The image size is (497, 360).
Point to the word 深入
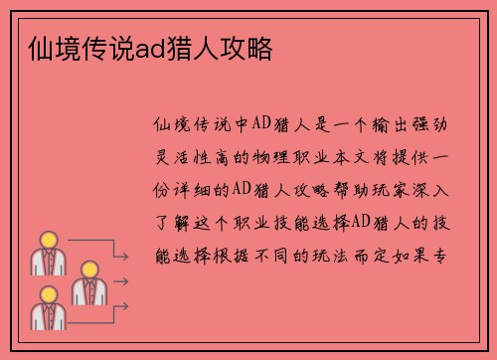pos(436,189)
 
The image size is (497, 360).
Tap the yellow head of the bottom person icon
pos(46,294)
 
